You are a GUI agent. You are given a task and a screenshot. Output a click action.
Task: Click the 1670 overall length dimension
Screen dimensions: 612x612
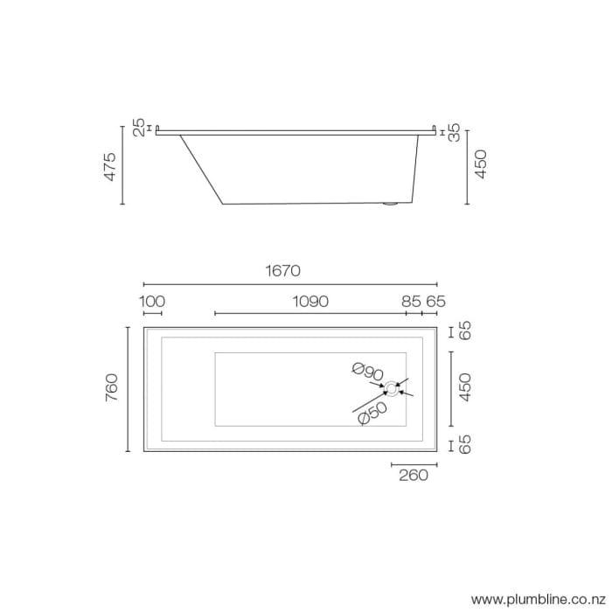289,271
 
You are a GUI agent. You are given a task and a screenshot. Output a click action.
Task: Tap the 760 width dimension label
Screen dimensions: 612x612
111,388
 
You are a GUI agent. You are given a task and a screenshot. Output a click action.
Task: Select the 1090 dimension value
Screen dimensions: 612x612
310,302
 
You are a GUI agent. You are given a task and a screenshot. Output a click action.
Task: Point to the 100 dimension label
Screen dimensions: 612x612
152,302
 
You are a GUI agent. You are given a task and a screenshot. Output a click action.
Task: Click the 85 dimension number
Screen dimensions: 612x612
412,302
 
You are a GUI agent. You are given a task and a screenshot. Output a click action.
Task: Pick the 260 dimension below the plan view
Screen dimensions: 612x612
413,476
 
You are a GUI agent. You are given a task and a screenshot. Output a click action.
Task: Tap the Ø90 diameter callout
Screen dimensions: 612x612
370,372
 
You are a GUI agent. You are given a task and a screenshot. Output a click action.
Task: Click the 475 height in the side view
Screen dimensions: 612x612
111,166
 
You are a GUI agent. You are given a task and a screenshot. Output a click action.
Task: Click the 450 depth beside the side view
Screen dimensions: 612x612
480,164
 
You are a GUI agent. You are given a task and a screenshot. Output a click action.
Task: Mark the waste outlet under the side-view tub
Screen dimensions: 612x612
391,205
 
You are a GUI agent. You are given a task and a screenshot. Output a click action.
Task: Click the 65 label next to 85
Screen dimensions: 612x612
435,302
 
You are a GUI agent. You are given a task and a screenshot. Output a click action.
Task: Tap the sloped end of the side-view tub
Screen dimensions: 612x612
201,170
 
